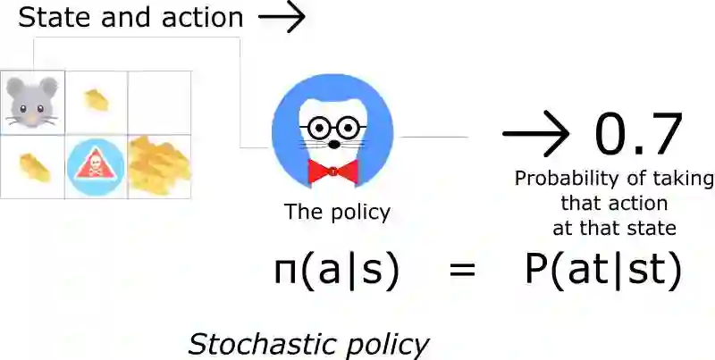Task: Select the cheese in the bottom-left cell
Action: [x=34, y=166]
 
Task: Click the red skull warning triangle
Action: [x=96, y=166]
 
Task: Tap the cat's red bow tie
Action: [x=332, y=170]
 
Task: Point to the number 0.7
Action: [x=638, y=134]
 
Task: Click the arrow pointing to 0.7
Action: [x=535, y=136]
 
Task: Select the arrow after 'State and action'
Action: [x=282, y=18]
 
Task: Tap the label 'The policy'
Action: [x=337, y=212]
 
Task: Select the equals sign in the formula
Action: [x=461, y=271]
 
